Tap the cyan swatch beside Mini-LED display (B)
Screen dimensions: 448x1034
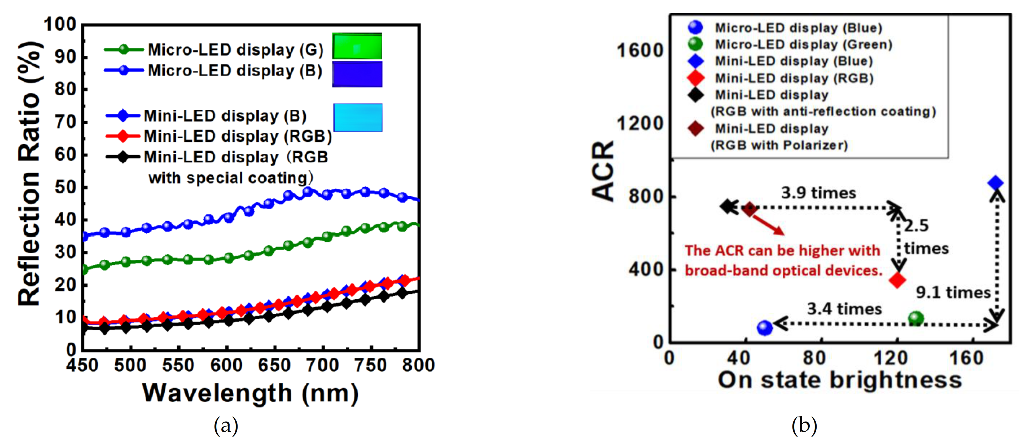coord(358,118)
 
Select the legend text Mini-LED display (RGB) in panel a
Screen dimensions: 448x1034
coord(238,136)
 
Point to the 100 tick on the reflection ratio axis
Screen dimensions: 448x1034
coord(60,25)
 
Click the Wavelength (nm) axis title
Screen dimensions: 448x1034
coord(251,393)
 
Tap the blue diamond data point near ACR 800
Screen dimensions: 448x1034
coord(995,183)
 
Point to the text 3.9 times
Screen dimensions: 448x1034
coord(818,193)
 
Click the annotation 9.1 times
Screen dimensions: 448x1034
coord(953,292)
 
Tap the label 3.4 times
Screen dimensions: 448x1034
coord(844,309)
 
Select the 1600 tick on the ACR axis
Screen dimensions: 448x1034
coord(640,51)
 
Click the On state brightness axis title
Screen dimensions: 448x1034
coord(840,380)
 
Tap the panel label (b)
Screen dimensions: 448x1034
coord(804,425)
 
